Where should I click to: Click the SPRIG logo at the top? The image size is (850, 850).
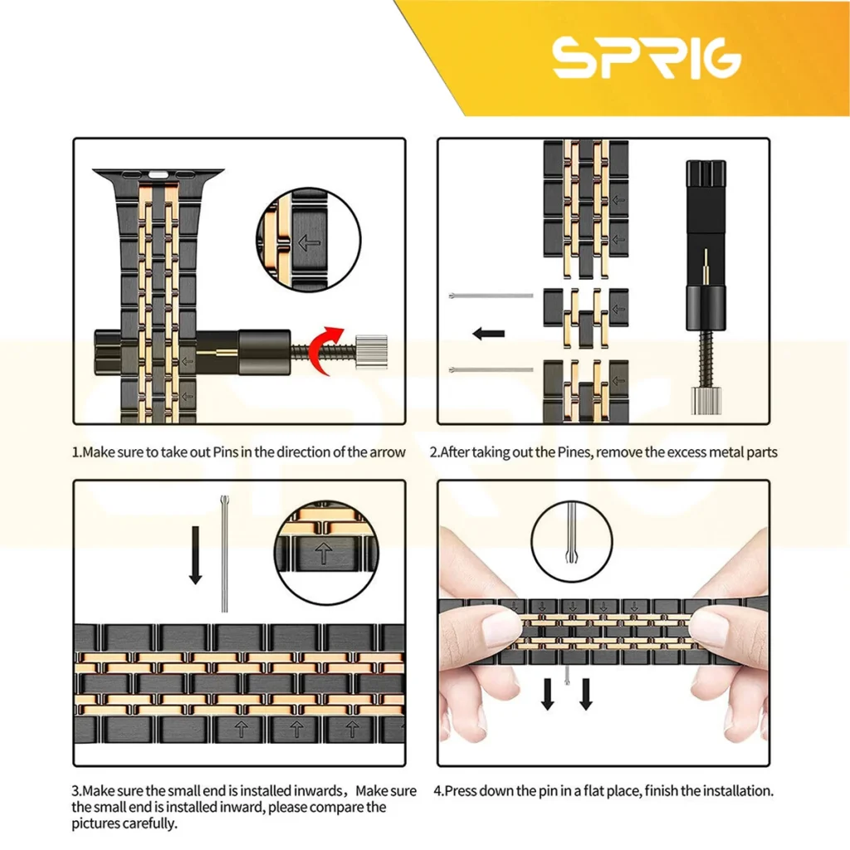click(646, 57)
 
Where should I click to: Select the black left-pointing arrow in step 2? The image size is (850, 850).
click(488, 334)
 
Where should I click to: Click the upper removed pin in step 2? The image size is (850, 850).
click(491, 296)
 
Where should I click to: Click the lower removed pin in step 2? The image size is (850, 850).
click(491, 369)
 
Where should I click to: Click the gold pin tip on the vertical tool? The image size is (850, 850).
click(706, 260)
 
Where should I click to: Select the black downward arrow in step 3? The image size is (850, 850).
click(196, 555)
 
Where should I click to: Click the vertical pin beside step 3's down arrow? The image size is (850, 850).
click(224, 554)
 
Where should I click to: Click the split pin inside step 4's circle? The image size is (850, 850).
click(572, 533)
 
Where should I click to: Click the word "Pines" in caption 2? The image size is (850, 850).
click(575, 452)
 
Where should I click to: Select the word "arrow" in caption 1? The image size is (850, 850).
click(388, 452)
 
